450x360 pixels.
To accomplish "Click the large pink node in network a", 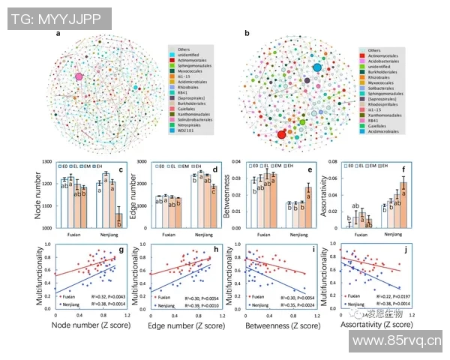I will [78, 76].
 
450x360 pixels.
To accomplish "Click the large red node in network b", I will [282, 134].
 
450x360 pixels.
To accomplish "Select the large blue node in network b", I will [317, 68].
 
